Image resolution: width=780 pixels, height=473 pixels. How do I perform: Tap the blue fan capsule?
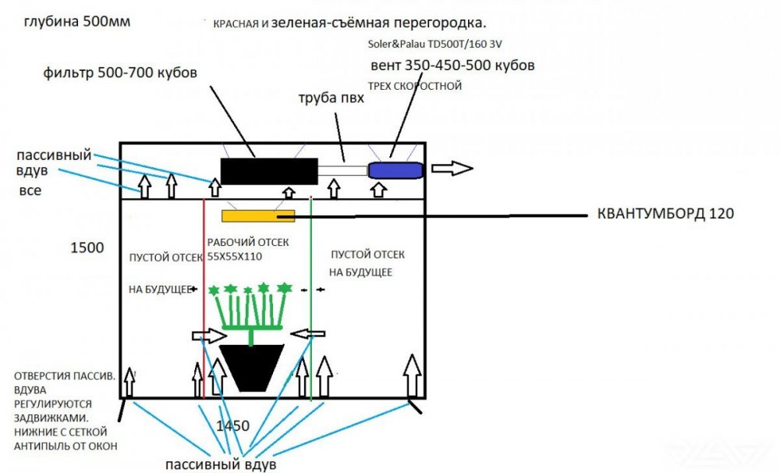tap(395, 169)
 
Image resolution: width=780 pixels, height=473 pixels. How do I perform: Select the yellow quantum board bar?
tap(257, 215)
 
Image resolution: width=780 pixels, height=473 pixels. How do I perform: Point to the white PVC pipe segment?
tap(342, 170)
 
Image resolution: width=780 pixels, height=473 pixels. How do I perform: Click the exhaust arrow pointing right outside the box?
tap(453, 168)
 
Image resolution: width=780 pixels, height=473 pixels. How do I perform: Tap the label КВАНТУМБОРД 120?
tap(665, 213)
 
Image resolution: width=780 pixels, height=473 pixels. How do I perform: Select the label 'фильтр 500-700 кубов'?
tap(120, 73)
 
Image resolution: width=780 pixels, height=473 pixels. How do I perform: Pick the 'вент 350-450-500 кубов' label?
tap(452, 66)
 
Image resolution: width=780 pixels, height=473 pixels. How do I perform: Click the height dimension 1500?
tap(87, 248)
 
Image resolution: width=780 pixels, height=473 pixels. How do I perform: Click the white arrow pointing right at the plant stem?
tap(207, 336)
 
